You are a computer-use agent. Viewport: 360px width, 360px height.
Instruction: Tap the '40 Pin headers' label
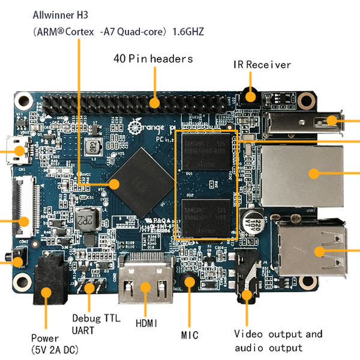pyautogui.click(x=154, y=59)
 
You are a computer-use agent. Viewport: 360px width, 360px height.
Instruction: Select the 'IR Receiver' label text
pyautogui.click(x=262, y=65)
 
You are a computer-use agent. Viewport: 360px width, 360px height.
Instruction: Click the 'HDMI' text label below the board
pyautogui.click(x=146, y=323)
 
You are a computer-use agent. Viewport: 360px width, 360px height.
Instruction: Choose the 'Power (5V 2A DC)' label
pyautogui.click(x=55, y=343)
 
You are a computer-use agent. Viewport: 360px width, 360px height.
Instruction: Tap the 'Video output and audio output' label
pyautogui.click(x=278, y=341)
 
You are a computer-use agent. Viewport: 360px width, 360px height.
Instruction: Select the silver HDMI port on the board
pyautogui.click(x=145, y=286)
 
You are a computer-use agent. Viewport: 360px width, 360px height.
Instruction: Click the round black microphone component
pyautogui.click(x=190, y=280)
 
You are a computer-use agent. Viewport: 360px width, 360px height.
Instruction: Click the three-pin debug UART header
pyautogui.click(x=91, y=287)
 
